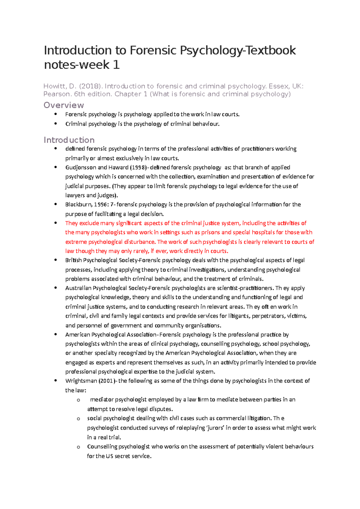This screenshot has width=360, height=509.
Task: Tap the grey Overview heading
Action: click(x=64, y=105)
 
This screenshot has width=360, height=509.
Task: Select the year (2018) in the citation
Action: click(x=90, y=86)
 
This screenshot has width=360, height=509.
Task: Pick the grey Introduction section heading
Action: click(x=69, y=140)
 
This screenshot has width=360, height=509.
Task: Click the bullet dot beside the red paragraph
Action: click(x=55, y=223)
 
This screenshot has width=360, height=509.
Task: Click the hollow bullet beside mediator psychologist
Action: click(x=79, y=400)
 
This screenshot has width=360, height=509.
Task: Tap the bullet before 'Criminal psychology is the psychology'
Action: click(x=55, y=124)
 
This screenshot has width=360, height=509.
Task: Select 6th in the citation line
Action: click(x=79, y=94)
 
